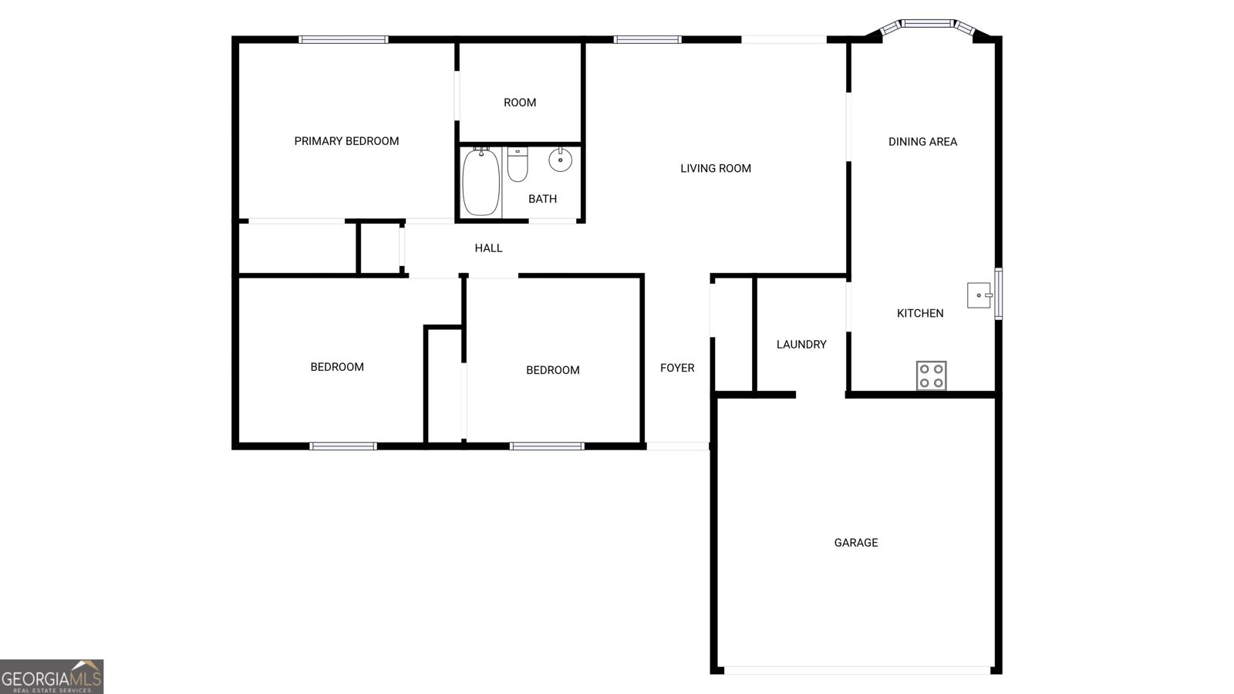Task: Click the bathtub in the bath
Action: (481, 182)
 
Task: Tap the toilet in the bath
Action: (518, 164)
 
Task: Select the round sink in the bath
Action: (560, 160)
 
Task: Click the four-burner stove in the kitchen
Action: (931, 376)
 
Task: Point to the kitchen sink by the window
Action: (979, 295)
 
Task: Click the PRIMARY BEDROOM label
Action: (346, 141)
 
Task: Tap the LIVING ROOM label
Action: (715, 168)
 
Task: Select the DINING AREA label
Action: (922, 142)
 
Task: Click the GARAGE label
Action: (855, 543)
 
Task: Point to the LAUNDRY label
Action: (801, 345)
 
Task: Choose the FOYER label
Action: (677, 368)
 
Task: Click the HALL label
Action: (488, 248)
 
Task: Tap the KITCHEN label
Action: (920, 313)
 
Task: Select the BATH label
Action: (542, 199)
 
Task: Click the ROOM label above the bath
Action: (520, 103)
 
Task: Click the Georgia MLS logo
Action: (51, 677)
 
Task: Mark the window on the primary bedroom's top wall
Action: (343, 39)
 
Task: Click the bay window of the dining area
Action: (929, 24)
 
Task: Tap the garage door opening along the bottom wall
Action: (857, 670)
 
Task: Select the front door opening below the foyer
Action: (677, 446)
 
